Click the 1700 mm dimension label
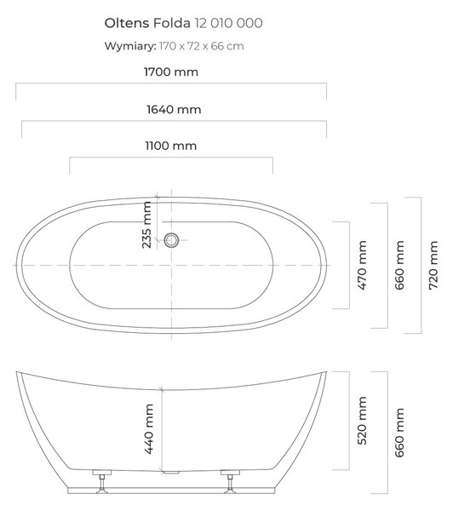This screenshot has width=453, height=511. coord(171,72)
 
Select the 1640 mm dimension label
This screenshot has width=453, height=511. coord(174,110)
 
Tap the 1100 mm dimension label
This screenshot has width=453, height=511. coord(171,146)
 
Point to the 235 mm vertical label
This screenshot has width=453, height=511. coord(146,225)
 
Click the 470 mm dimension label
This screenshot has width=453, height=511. coord(362,265)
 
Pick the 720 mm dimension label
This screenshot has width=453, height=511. coord(433,265)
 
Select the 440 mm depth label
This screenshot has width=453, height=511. coord(149,429)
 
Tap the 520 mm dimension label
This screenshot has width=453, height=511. coord(362,421)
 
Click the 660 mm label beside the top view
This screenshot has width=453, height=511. coord(399,265)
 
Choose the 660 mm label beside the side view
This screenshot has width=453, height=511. coord(399,433)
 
